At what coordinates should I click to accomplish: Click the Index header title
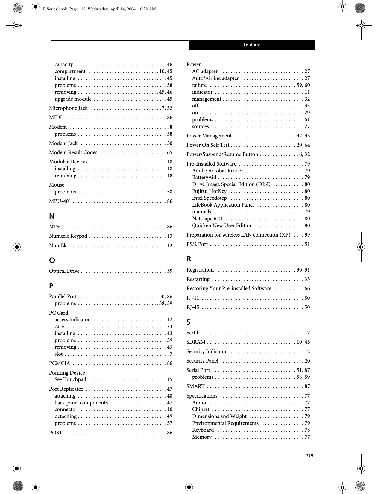[x=251, y=45]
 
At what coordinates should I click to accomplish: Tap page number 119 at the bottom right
[x=309, y=455]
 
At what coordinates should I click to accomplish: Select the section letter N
[x=52, y=216]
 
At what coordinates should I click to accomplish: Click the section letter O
[x=52, y=260]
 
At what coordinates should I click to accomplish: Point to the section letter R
[x=189, y=259]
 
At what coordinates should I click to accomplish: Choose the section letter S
[x=188, y=322]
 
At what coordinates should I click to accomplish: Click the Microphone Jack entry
[x=69, y=108]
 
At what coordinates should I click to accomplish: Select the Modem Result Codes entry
[x=73, y=152]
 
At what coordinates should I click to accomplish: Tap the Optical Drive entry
[x=64, y=271]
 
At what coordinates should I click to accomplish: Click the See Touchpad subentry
[x=70, y=379]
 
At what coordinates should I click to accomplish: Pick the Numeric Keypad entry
[x=68, y=236]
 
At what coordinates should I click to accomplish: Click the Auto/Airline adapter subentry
[x=215, y=78]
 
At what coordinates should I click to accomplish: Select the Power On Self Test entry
[x=208, y=145]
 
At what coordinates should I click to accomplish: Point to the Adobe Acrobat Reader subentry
[x=217, y=171]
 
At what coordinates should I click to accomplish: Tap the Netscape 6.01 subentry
[x=207, y=219]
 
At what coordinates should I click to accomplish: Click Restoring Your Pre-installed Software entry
[x=229, y=288]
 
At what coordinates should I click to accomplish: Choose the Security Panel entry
[x=202, y=361]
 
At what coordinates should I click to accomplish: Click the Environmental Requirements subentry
[x=225, y=423]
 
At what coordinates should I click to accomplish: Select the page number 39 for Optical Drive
[x=170, y=271]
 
